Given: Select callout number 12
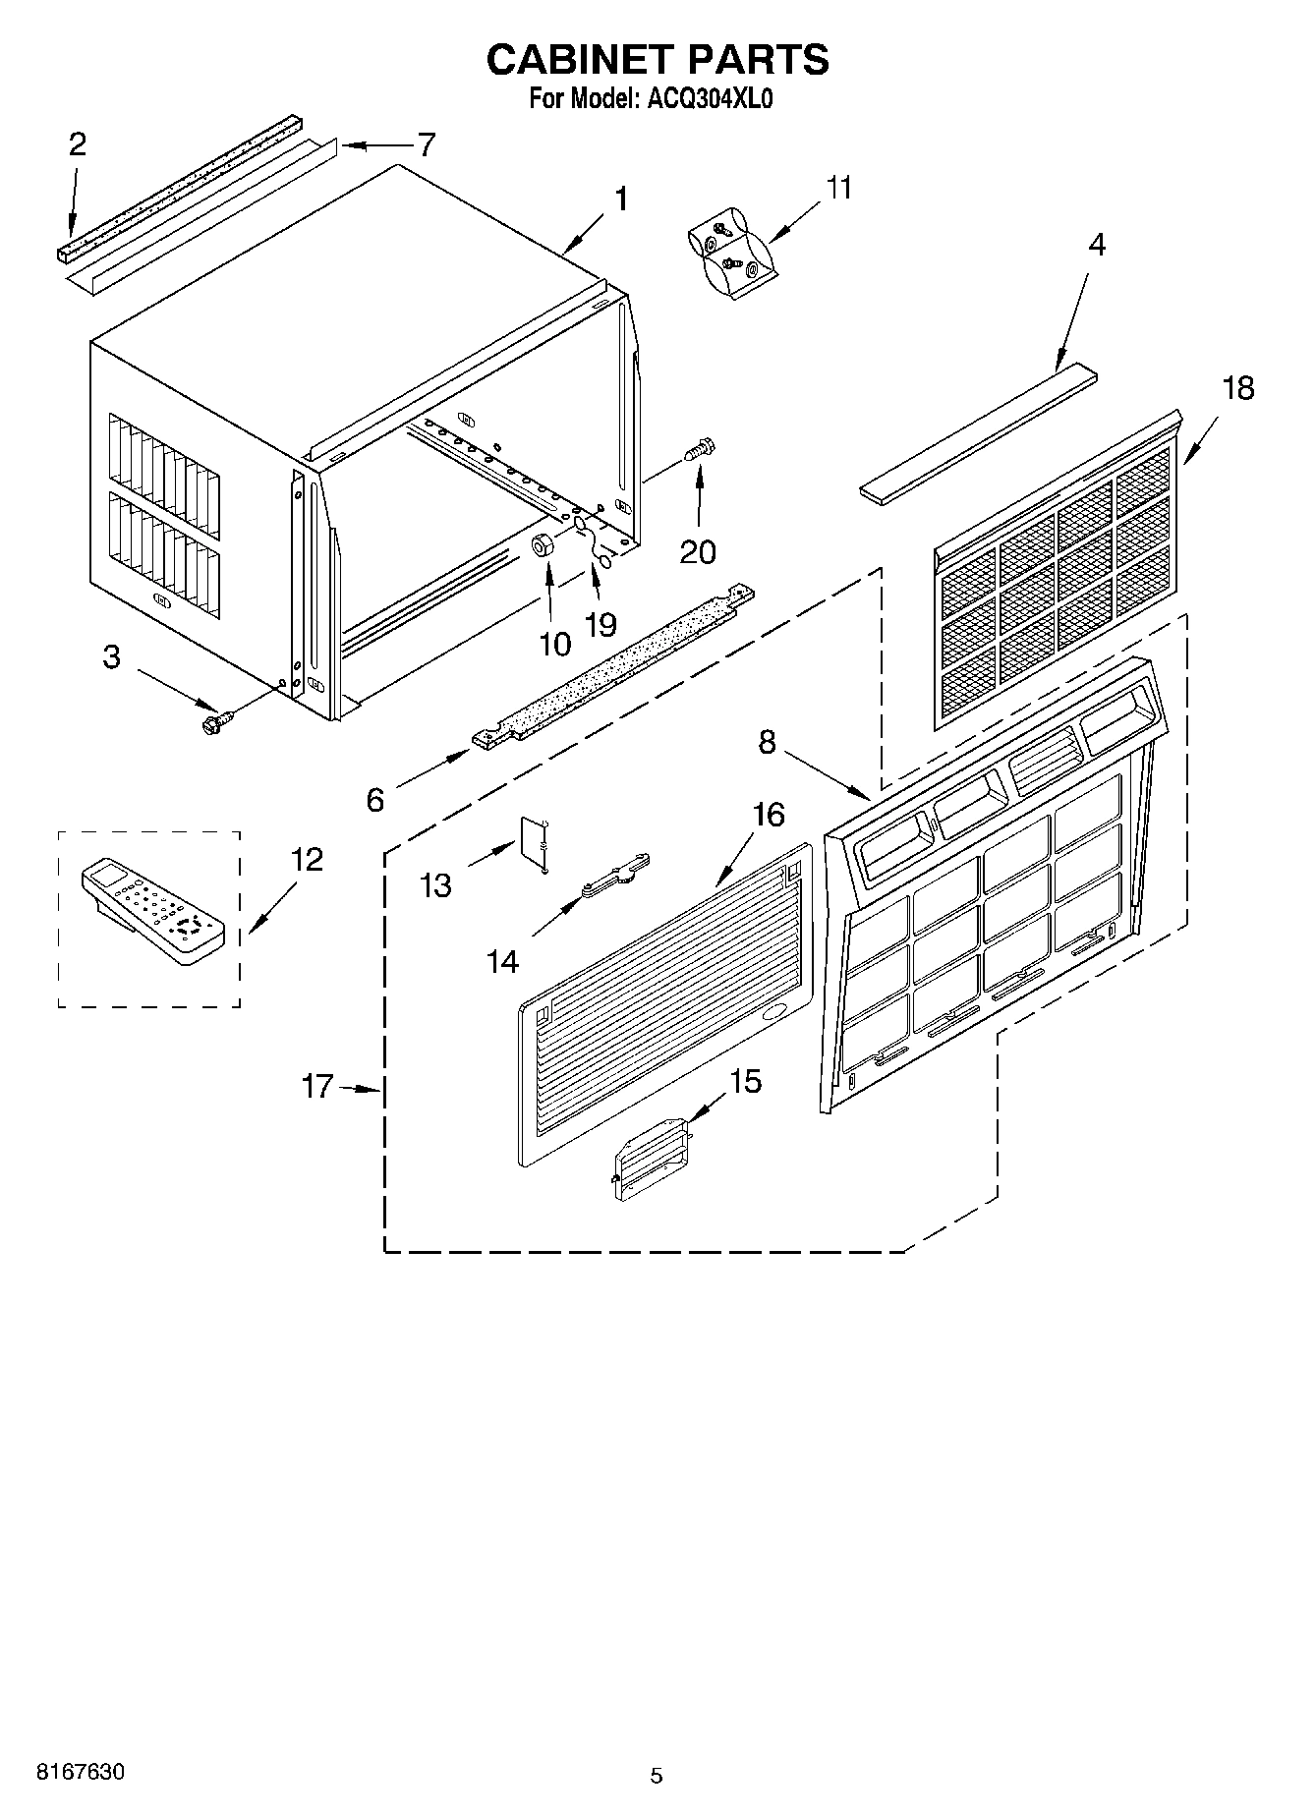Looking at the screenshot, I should point(306,859).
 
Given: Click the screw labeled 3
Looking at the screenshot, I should point(212,724).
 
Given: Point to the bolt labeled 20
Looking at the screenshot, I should point(700,453).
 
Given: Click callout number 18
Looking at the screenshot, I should point(1236,388).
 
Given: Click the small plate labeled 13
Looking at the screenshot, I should point(533,842).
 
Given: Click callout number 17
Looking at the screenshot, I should point(317,1087).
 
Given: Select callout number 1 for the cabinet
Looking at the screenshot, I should point(620,199).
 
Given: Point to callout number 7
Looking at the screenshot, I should point(426,145).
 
